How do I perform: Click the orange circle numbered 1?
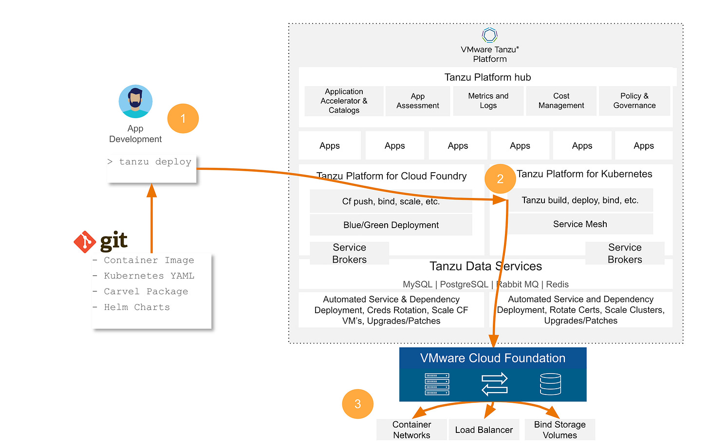click(183, 119)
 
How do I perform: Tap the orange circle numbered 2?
click(500, 179)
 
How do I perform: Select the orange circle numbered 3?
click(357, 404)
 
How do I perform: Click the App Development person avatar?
click(135, 101)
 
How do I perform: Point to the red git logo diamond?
click(85, 242)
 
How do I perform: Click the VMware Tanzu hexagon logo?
click(490, 35)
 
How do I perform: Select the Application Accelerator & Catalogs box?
click(344, 101)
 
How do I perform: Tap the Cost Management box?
click(561, 101)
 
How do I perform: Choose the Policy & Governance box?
click(634, 101)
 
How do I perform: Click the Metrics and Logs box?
click(488, 101)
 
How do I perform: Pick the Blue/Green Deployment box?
click(391, 225)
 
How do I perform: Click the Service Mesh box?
click(580, 224)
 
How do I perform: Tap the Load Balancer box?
click(484, 430)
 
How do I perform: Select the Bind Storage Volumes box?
click(560, 430)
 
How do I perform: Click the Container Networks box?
click(411, 430)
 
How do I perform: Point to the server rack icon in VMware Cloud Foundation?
click(437, 384)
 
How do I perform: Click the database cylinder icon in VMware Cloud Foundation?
click(550, 384)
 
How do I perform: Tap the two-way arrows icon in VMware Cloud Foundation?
click(494, 384)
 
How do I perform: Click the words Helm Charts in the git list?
click(137, 307)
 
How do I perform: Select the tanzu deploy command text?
click(155, 162)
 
